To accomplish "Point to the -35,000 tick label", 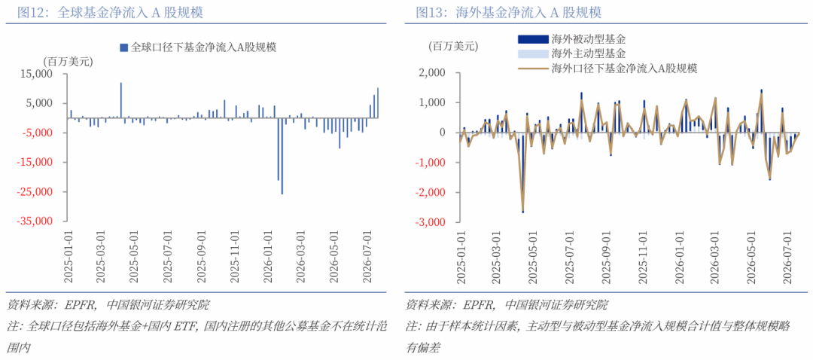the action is coord(45,221).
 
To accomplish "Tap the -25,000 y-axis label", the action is coord(45,192).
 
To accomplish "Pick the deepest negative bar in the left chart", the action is coord(282,156).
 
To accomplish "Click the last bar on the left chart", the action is coord(378,102).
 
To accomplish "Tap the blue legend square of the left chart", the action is coord(123,47).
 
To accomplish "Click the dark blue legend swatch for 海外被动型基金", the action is coord(532,39).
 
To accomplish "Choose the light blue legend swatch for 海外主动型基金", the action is coord(532,53).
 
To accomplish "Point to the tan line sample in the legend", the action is coord(532,68).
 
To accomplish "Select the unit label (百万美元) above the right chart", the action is coord(452,46).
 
